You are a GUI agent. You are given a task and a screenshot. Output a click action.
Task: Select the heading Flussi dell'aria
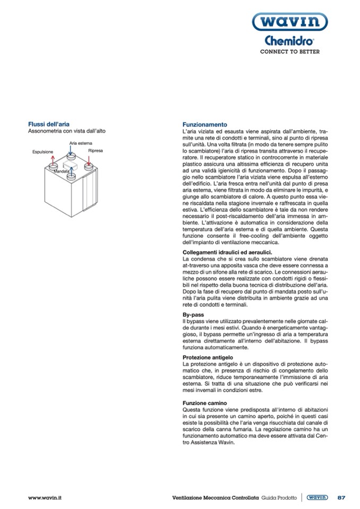tap(48, 124)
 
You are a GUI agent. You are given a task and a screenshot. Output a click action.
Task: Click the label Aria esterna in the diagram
tap(80, 143)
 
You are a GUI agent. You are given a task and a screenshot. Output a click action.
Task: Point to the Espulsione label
tap(43, 151)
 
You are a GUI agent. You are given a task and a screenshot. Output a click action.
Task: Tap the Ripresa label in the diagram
tap(96, 151)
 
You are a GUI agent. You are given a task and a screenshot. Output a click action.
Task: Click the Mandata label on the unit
tap(62, 171)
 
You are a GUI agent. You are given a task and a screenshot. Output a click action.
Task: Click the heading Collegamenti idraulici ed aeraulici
tap(227, 252)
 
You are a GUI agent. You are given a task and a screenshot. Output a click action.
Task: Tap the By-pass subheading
tap(193, 314)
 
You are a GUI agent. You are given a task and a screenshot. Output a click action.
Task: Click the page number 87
tap(341, 497)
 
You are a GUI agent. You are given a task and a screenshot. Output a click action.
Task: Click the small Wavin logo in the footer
tap(317, 497)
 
